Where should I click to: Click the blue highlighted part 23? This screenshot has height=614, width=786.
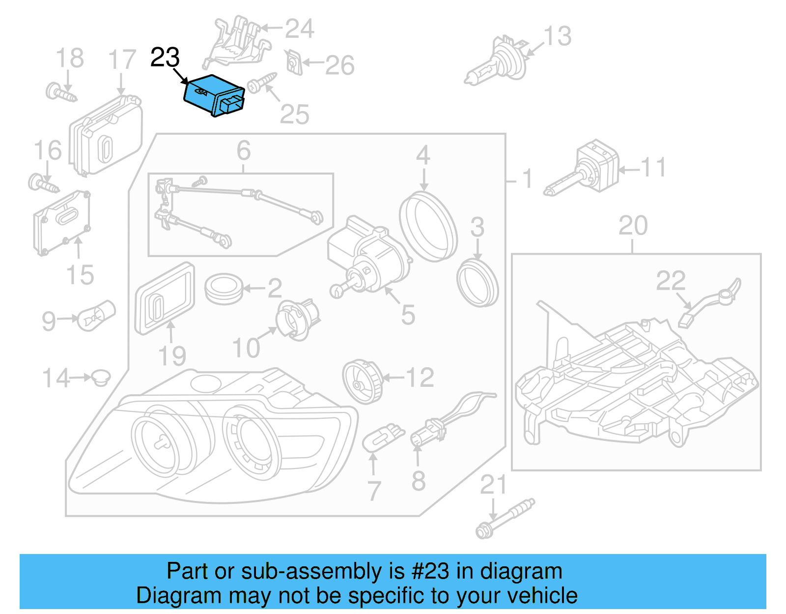(x=213, y=95)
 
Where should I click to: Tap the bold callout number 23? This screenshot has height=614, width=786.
(x=165, y=58)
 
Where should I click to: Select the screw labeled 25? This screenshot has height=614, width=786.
(x=262, y=83)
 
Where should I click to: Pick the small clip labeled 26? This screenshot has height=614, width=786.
(x=294, y=62)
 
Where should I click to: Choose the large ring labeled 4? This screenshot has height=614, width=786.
(x=428, y=226)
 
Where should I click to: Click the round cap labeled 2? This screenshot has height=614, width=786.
(x=224, y=289)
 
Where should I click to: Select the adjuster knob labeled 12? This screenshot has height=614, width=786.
(x=363, y=381)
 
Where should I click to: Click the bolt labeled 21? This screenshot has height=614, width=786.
(x=504, y=519)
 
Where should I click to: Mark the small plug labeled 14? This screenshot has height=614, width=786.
(x=101, y=377)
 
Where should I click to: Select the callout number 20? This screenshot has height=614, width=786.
(x=633, y=226)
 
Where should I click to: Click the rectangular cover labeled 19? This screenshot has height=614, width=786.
(x=165, y=298)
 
